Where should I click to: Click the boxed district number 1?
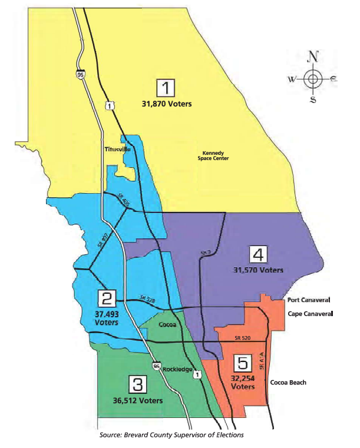[x=167, y=88]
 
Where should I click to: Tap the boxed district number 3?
[x=137, y=386]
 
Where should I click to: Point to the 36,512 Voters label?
[x=139, y=401]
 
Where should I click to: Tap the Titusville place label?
[x=117, y=150]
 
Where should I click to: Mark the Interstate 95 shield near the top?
[x=78, y=75]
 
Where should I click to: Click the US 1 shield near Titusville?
[x=109, y=105]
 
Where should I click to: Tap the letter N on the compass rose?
[x=314, y=57]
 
